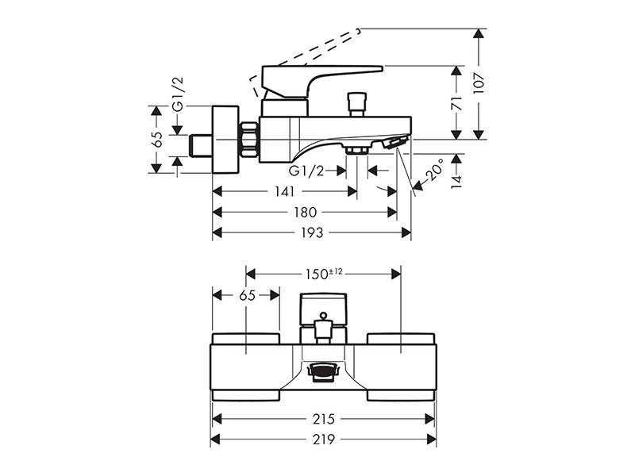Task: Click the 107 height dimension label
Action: (479, 83)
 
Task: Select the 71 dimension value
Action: (457, 104)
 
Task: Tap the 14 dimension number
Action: (457, 182)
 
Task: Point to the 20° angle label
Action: (435, 170)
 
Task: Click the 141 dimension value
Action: (285, 191)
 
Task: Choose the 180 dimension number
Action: (306, 212)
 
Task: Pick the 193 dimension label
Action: (312, 232)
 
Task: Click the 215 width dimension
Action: (324, 419)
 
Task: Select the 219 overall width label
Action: (324, 440)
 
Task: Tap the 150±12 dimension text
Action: (324, 274)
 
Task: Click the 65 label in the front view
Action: (247, 295)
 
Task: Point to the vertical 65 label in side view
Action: (156, 140)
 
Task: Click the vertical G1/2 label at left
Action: (178, 94)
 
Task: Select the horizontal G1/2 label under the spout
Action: (306, 171)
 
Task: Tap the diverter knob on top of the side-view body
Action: (357, 105)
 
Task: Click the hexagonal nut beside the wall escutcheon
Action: (249, 140)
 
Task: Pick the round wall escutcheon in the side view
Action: (225, 140)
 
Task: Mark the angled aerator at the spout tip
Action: (395, 143)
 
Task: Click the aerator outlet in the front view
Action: (323, 370)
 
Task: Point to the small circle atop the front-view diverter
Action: (323, 315)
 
